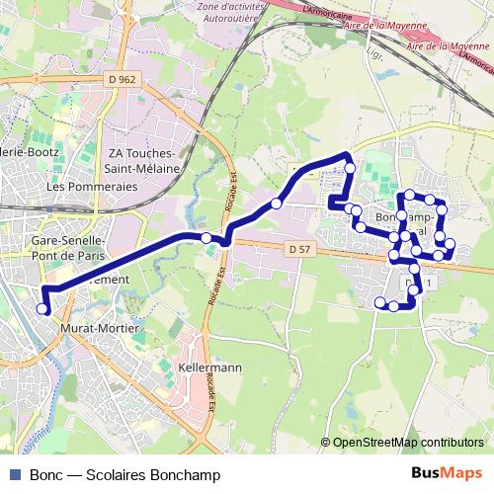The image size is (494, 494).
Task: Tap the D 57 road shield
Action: [x=301, y=249]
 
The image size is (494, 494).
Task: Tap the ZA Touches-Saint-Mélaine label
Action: [x=142, y=161]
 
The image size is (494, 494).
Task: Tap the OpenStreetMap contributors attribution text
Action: [x=408, y=443]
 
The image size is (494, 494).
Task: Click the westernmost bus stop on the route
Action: [x=42, y=309]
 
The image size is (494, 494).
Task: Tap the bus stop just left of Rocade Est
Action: [x=206, y=238]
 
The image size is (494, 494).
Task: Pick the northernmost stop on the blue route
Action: [x=350, y=169]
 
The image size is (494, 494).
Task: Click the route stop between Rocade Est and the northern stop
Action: [x=277, y=204]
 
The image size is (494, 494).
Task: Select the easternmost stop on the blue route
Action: [x=450, y=243]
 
